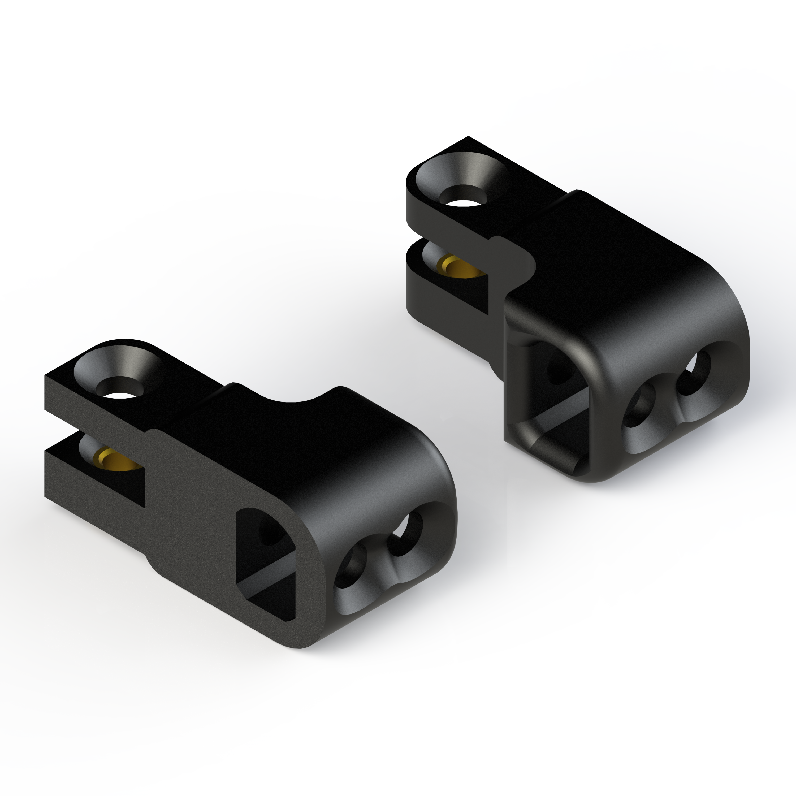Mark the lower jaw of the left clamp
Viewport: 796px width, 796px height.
pos(95,486)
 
